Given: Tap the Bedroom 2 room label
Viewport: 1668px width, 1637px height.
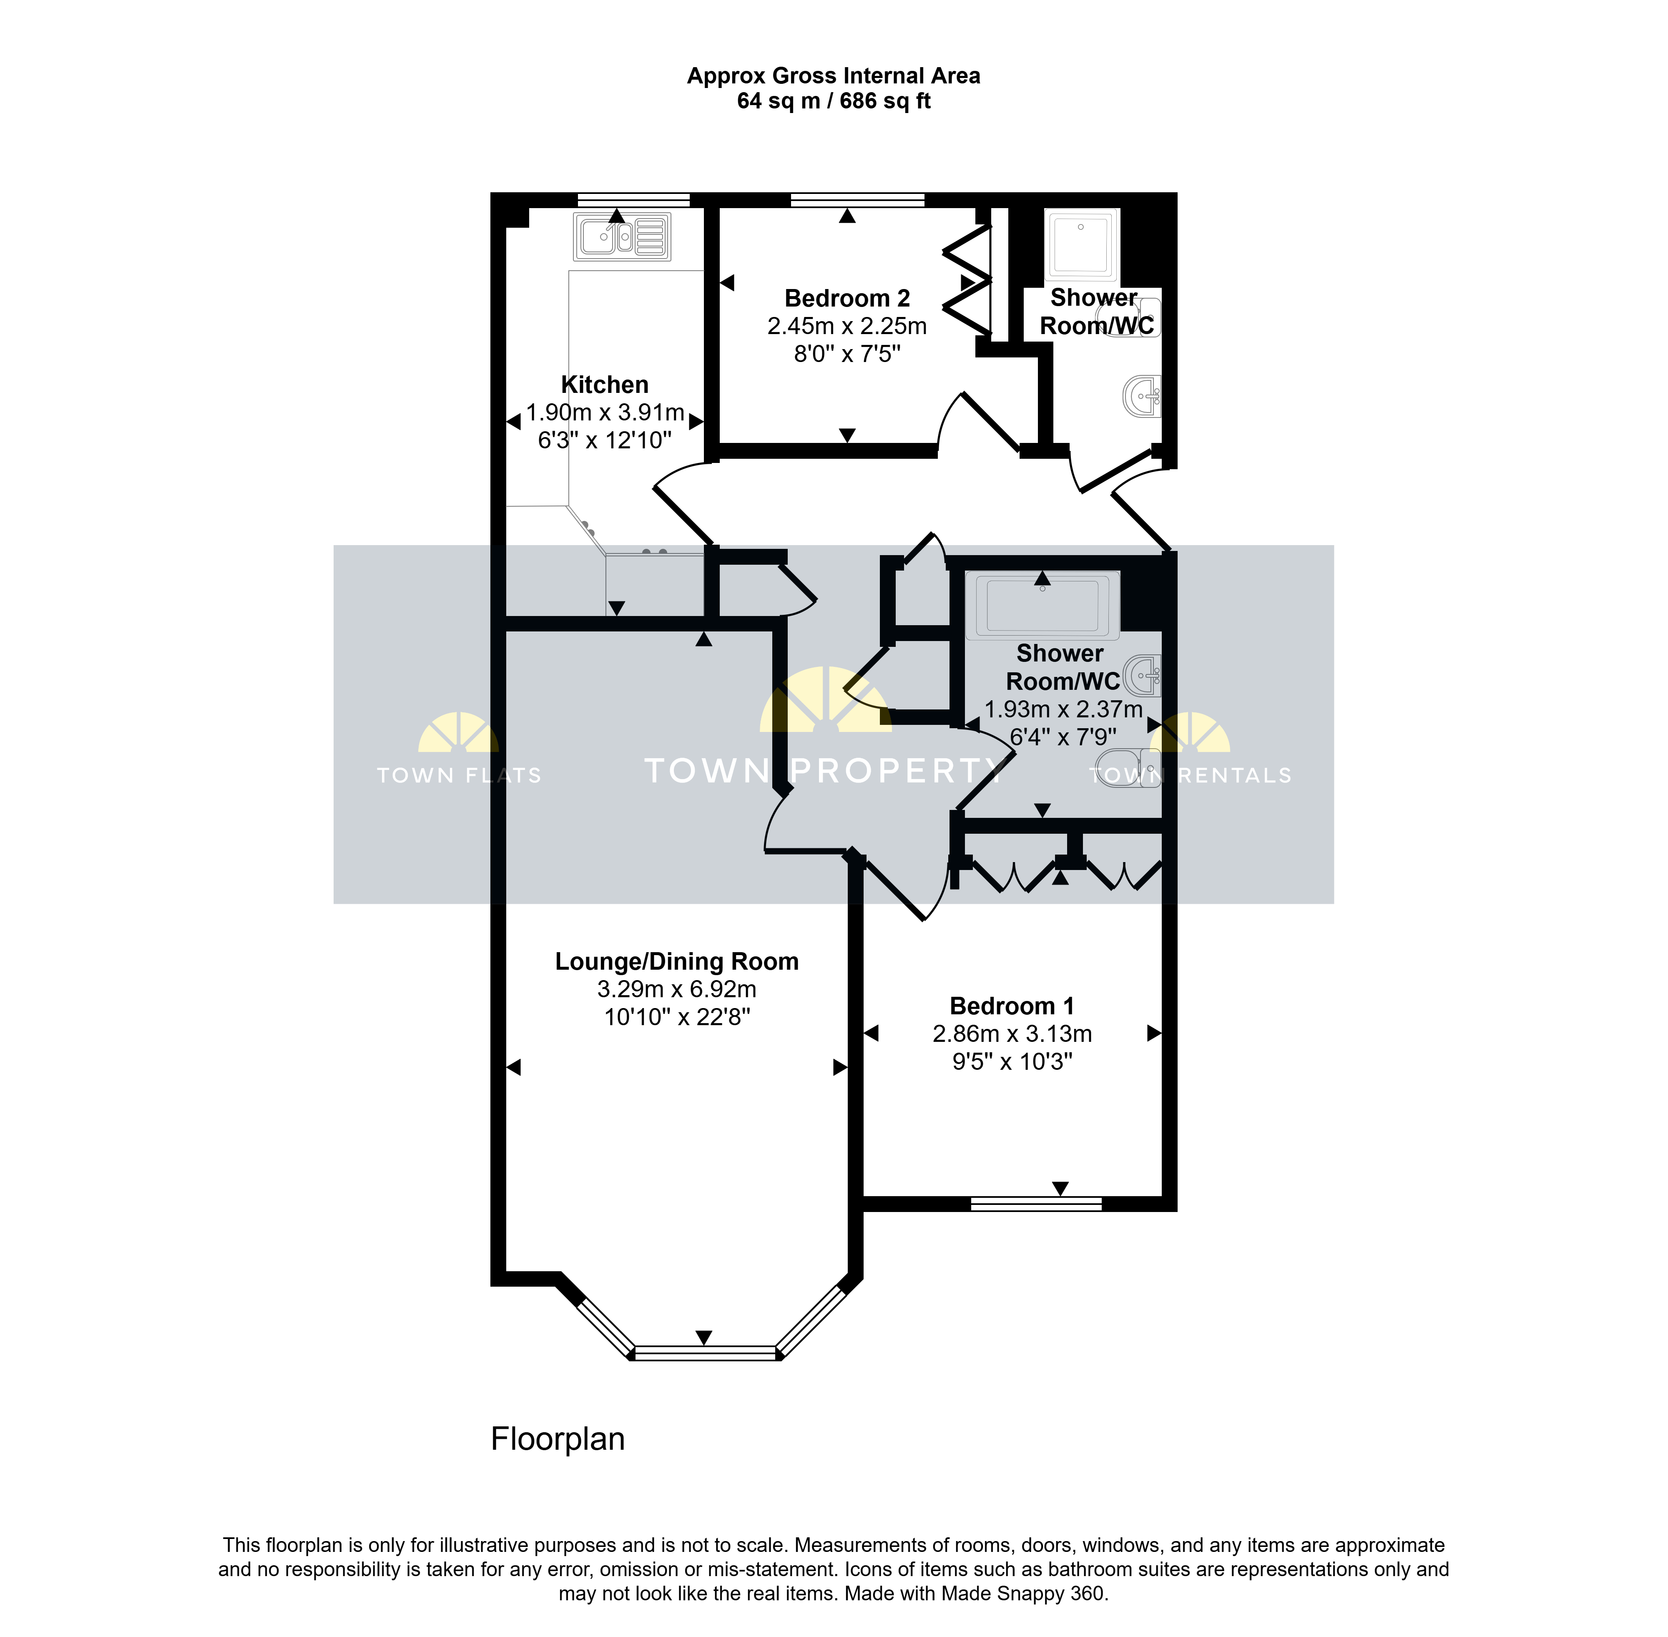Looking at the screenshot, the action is pos(847,298).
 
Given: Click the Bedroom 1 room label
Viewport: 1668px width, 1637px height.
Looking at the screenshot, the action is pos(1012,1006).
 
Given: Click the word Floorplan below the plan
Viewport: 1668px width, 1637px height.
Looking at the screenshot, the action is pos(558,1439).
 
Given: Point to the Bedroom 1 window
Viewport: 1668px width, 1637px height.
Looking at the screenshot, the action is pos(1036,1204).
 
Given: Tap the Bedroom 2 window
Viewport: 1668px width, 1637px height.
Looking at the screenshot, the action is pos(857,199).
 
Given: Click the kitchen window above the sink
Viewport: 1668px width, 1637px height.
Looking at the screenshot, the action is pos(634,199).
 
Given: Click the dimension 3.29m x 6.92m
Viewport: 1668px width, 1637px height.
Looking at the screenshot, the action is pos(677,990).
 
